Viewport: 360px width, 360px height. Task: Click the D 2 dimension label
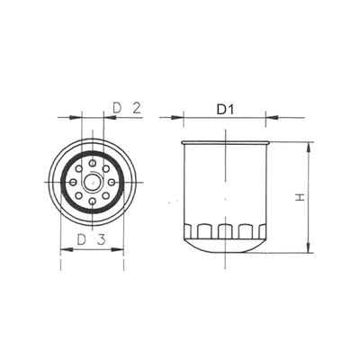pyautogui.click(x=128, y=109)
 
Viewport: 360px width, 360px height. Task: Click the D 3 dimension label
pyautogui.click(x=91, y=239)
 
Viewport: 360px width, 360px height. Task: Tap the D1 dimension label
pyautogui.click(x=225, y=109)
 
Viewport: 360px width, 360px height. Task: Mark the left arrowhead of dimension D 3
pyautogui.click(x=63, y=249)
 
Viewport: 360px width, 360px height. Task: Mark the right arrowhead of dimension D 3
pyautogui.click(x=120, y=249)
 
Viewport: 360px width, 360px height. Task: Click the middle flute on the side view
pyautogui.click(x=225, y=231)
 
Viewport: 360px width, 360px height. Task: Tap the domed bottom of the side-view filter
pyautogui.click(x=225, y=247)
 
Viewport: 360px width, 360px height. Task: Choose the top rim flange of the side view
pyautogui.click(x=225, y=142)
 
